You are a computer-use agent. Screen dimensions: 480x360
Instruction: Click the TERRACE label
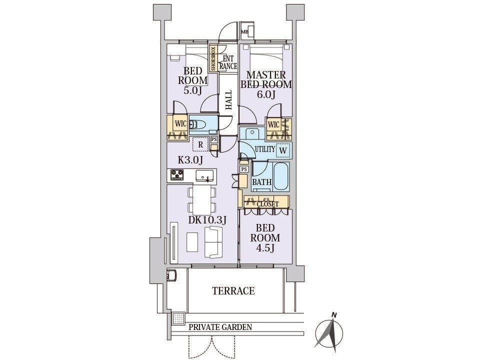point(233,290)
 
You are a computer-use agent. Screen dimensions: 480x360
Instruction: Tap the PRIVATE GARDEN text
point(220,327)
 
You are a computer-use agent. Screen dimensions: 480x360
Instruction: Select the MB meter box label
point(244,31)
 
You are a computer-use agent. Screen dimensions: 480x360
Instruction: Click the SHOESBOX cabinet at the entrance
point(213,58)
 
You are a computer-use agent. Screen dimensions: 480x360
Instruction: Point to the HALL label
point(228,100)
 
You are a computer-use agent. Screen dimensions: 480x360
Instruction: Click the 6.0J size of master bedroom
point(265,94)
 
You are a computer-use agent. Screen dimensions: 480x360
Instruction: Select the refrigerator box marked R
point(200,144)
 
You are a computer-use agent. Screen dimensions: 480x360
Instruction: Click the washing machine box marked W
point(283,150)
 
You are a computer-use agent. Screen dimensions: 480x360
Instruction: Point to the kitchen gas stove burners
point(177,175)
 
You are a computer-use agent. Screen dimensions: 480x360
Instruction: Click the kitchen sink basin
point(204,175)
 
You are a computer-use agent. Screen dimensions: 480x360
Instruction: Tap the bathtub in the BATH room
point(281,176)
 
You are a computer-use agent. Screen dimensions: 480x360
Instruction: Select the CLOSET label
point(268,204)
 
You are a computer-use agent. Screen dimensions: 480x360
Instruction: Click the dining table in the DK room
point(202,200)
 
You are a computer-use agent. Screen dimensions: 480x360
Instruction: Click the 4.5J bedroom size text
point(265,248)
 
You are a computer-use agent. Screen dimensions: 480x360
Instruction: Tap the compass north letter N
point(335,314)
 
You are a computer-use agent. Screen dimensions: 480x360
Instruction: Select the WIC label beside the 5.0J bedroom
point(180,124)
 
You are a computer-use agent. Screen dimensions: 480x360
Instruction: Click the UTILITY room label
point(265,149)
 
